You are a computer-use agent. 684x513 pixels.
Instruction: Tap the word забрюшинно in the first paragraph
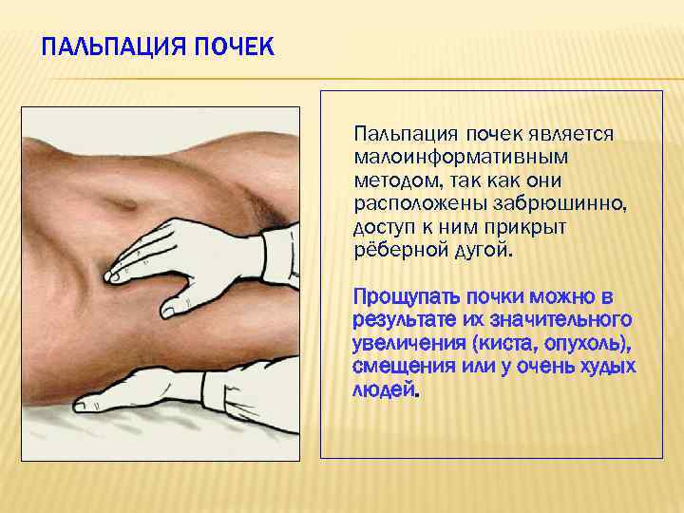point(551,203)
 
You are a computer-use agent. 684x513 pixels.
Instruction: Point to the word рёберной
point(392,252)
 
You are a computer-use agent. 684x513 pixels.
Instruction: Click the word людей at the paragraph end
point(383,389)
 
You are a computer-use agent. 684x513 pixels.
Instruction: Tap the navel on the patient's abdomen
point(125,203)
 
